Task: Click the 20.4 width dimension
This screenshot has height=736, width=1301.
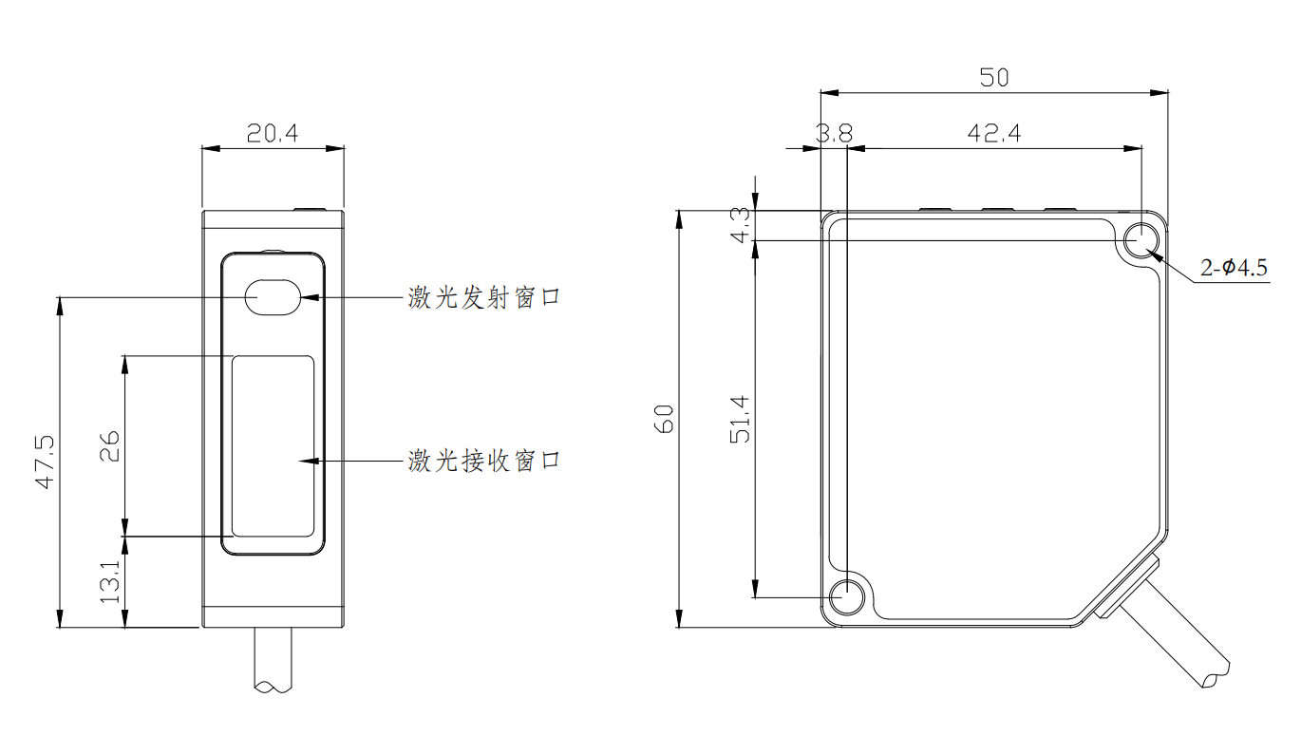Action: [x=273, y=134]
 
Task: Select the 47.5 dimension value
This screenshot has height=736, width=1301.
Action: [x=44, y=462]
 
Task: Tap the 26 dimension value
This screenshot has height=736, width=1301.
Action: [x=109, y=446]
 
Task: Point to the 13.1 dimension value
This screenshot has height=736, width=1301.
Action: [x=109, y=581]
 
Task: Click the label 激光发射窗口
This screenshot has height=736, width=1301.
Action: [x=484, y=297]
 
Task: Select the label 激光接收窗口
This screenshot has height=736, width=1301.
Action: [x=484, y=461]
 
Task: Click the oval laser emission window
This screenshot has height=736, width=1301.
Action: [x=273, y=296]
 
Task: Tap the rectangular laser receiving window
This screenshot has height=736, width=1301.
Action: [x=273, y=445]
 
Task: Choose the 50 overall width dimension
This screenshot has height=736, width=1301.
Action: [x=993, y=78]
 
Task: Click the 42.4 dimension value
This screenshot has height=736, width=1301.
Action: [x=993, y=134]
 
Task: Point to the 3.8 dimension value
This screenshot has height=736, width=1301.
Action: [x=834, y=134]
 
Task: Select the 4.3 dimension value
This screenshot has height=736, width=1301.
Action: [x=742, y=224]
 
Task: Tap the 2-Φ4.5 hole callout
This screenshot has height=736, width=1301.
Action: [x=1234, y=269]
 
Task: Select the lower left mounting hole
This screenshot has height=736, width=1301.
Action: [x=845, y=597]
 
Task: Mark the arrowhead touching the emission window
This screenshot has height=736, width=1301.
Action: [x=310, y=297]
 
